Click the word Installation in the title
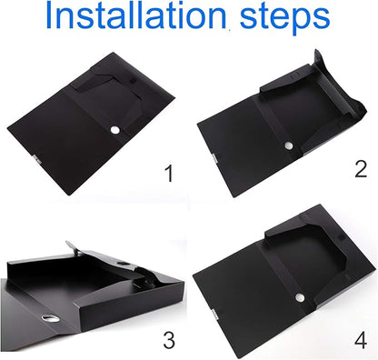point(136,15)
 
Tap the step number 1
point(169,174)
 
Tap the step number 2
point(361,169)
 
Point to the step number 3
point(169,340)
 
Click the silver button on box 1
point(115,130)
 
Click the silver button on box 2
point(289,145)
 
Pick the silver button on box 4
point(300,297)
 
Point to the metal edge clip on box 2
point(215,158)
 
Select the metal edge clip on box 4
point(214,314)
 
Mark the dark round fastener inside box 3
point(123,263)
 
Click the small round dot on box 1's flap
point(133,82)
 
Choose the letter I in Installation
point(49,15)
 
